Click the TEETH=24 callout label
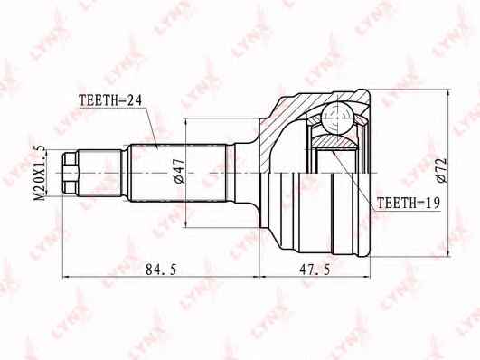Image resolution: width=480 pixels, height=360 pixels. point(110,100)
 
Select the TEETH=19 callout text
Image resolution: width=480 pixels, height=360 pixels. point(409,203)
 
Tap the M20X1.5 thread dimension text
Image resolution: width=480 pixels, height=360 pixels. point(40,174)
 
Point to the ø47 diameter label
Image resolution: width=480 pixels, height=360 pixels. point(180,171)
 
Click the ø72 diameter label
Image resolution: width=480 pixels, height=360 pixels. point(441,171)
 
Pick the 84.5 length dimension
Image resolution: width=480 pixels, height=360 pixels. point(161,270)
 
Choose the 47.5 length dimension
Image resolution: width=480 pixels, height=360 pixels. point(315,270)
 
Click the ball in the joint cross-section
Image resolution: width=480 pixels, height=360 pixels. point(337,118)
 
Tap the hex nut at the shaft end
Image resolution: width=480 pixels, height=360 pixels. point(70,173)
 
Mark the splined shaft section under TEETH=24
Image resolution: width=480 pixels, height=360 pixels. point(178,173)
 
